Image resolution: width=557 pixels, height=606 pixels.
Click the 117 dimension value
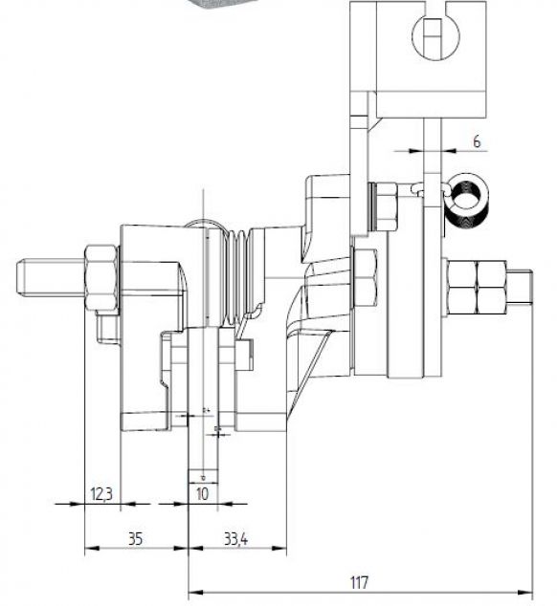tap(359, 581)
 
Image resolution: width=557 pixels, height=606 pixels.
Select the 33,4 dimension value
tap(236, 538)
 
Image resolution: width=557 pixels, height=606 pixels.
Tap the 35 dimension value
tap(135, 538)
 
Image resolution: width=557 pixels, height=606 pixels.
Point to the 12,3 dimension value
tap(101, 493)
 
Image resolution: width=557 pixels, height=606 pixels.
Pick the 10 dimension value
tap(202, 493)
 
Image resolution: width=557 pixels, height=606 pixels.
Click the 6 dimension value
tap(477, 141)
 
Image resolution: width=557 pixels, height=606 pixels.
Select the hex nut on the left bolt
tap(101, 278)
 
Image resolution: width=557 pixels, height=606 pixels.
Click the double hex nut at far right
tap(476, 287)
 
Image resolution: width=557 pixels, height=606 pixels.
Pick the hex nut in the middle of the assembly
tap(365, 278)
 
